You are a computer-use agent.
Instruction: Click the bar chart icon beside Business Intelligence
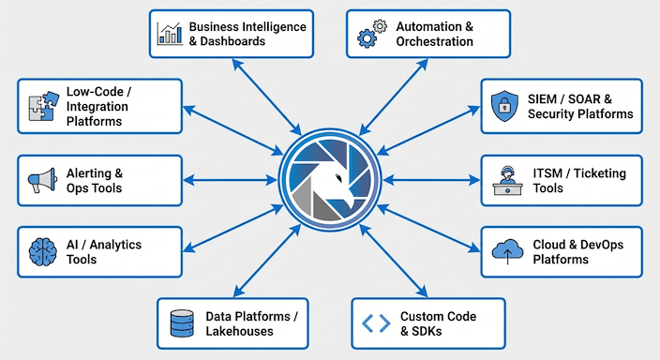pos(170,34)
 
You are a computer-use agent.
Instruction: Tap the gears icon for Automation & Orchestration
pos(367,34)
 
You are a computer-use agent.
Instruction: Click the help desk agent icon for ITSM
pos(504,180)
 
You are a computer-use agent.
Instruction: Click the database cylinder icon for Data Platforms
pos(180,324)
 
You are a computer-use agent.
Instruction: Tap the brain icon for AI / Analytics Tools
pos(41,251)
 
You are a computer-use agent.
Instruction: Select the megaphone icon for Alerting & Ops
pos(41,181)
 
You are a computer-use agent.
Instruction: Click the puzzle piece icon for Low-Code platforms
pos(39,108)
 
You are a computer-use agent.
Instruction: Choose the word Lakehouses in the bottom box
pos(239,332)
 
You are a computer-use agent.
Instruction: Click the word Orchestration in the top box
pos(434,42)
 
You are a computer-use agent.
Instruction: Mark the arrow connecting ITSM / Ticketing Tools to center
pos(430,180)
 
